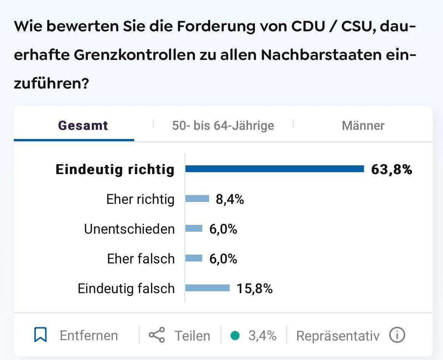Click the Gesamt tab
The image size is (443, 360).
click(83, 126)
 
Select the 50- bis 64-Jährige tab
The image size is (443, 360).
click(223, 126)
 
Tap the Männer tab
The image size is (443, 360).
click(363, 126)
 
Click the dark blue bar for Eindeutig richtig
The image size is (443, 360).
click(275, 169)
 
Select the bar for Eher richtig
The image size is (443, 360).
click(197, 199)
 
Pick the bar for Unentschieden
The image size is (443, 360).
click(194, 228)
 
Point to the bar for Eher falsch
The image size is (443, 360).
click(194, 258)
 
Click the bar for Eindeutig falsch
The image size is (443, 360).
click(208, 288)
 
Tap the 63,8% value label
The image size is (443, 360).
click(391, 169)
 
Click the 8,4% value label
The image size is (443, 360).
click(230, 199)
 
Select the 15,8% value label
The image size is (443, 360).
click(255, 288)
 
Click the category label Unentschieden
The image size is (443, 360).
click(129, 229)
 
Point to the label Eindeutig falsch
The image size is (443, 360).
click(126, 289)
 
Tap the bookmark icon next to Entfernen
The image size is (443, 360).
click(40, 335)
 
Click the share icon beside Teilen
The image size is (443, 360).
click(157, 335)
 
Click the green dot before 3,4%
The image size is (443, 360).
click(235, 336)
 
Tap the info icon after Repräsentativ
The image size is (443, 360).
click(397, 335)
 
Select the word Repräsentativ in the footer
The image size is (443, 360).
click(338, 336)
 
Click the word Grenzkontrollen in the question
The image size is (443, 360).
click(134, 55)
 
